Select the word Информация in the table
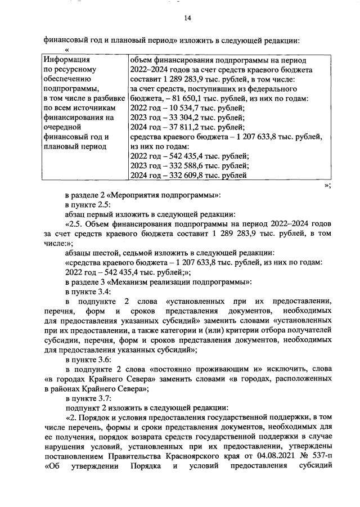[66, 59]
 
